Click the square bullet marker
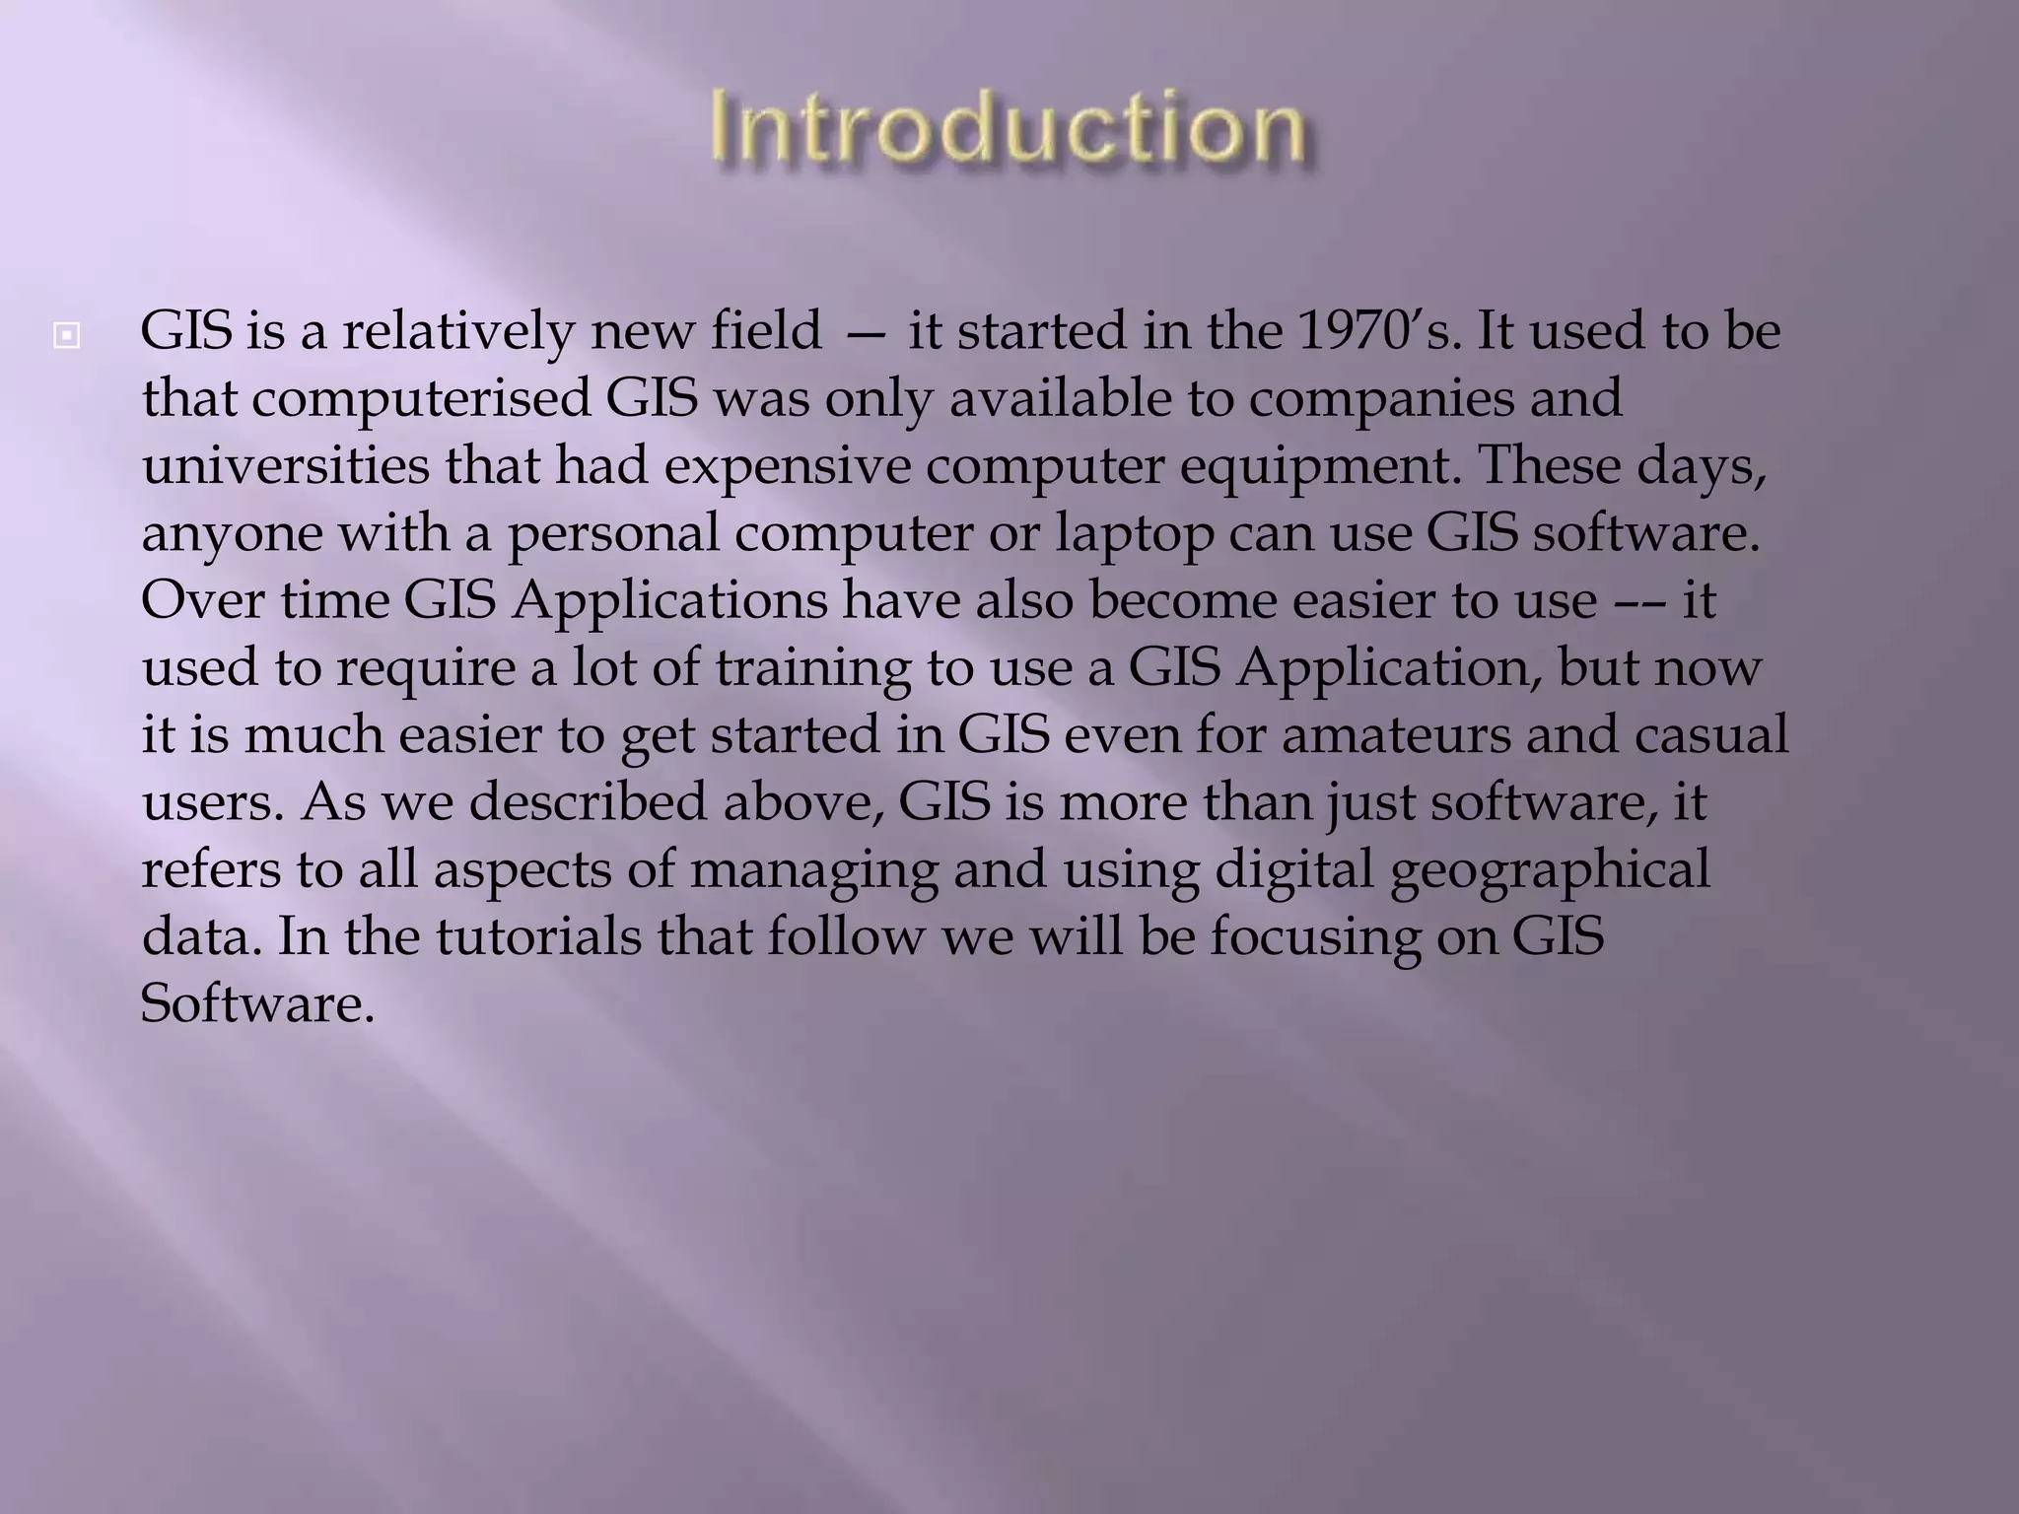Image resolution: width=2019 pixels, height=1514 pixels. coord(66,337)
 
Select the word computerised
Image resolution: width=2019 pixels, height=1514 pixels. coord(420,399)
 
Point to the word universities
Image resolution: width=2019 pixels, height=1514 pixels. coord(286,465)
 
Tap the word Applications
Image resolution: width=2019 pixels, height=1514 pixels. coord(669,601)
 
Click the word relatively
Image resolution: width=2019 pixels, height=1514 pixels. coord(456,332)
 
